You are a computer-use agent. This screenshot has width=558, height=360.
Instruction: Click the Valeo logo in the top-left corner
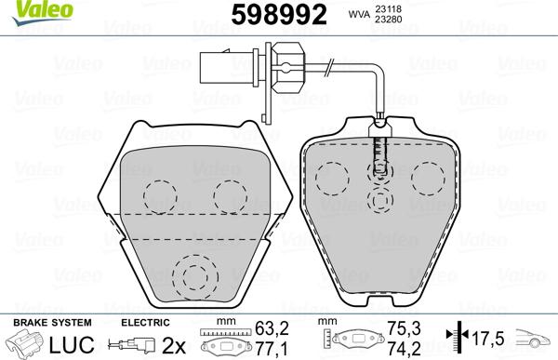[x=29, y=9]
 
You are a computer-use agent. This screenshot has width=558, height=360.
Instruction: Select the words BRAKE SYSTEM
[x=39, y=322]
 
